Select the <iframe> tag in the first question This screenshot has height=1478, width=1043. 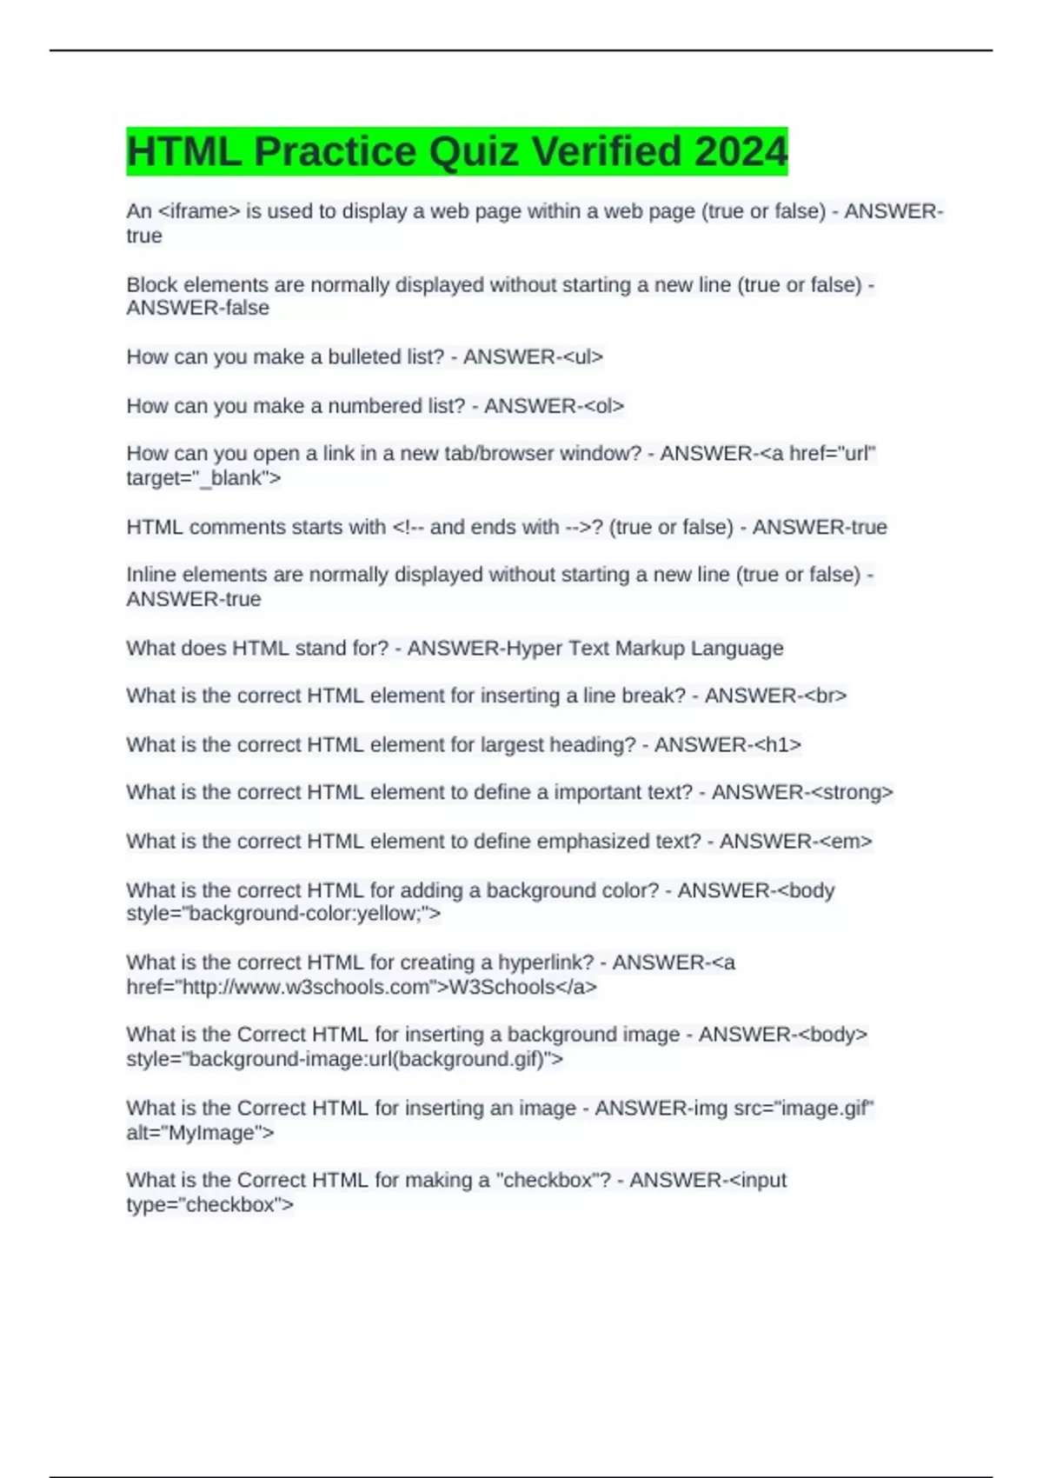tap(199, 211)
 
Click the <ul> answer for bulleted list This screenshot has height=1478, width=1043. tap(583, 357)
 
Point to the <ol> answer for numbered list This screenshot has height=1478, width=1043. tap(604, 406)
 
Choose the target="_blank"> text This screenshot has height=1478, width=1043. tap(203, 478)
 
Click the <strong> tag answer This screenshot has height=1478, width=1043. tap(849, 792)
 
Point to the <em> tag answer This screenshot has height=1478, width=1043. tap(846, 842)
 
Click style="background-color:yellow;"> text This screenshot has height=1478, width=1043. tap(283, 914)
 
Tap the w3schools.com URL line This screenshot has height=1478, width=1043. tap(362, 988)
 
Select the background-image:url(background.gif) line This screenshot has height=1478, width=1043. tap(344, 1060)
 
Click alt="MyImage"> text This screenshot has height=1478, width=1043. tap(200, 1133)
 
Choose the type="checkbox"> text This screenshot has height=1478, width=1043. tap(209, 1205)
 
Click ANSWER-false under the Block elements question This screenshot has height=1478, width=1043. tap(197, 309)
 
